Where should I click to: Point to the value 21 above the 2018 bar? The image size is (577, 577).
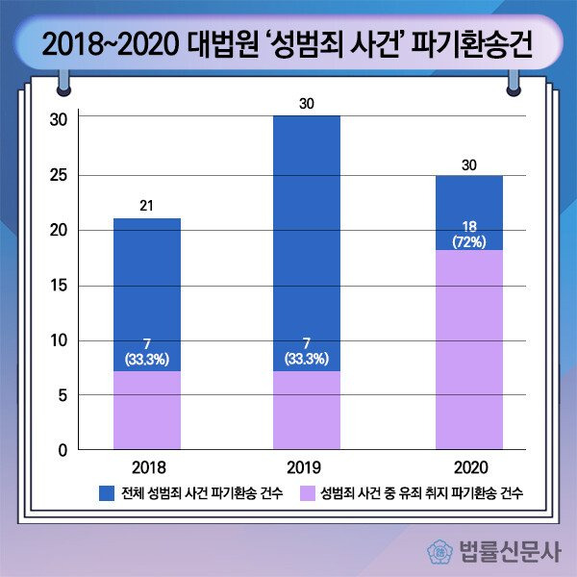[147, 205]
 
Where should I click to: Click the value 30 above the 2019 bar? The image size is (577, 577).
[307, 102]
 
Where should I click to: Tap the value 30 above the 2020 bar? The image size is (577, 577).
[468, 164]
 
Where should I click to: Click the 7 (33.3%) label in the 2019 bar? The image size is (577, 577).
[307, 352]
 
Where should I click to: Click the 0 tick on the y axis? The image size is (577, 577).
[63, 450]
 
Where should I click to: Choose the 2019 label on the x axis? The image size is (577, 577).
[307, 468]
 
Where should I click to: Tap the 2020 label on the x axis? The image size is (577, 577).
[468, 468]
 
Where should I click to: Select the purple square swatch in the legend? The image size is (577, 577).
[306, 493]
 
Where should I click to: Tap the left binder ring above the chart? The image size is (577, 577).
[63, 82]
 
